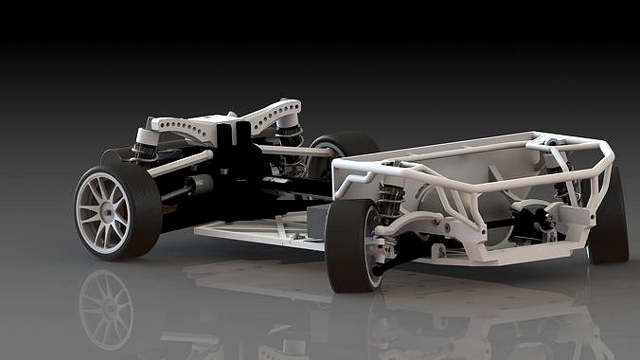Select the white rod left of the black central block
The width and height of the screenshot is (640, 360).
click(x=180, y=163)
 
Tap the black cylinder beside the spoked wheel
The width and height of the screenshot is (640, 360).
click(x=193, y=186)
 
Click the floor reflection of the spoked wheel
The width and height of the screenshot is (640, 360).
click(x=106, y=308)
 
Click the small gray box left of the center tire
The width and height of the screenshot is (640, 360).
click(x=313, y=224)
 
